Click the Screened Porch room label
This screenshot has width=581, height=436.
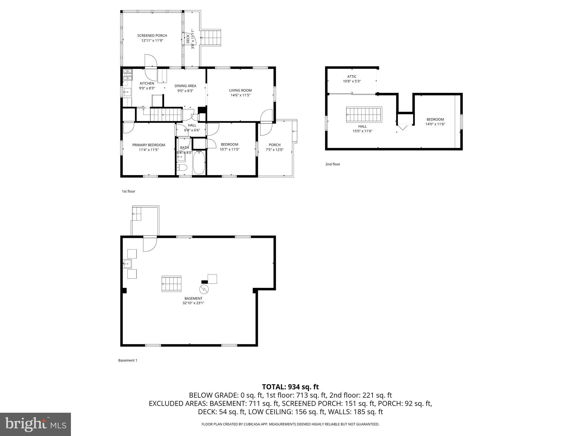(x=152, y=35)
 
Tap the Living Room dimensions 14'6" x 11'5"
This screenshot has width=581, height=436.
(x=240, y=95)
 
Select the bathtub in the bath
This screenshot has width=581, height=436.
(x=199, y=163)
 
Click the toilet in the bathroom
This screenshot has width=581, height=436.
(x=182, y=167)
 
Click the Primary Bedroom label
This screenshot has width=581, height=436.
(x=149, y=145)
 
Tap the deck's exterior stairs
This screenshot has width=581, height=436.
(x=210, y=38)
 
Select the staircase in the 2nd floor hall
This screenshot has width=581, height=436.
(x=364, y=115)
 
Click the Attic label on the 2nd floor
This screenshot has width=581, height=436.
(x=352, y=77)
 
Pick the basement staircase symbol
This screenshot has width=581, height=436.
(x=171, y=284)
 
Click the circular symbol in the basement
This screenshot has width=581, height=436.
(x=204, y=289)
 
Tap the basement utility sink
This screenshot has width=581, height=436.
(x=127, y=264)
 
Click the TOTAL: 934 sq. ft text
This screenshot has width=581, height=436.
(x=290, y=387)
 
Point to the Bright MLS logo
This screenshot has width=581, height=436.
(x=35, y=424)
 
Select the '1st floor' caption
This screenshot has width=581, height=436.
(x=129, y=191)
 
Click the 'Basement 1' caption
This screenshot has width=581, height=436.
(x=128, y=360)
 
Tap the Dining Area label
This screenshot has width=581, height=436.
(x=185, y=86)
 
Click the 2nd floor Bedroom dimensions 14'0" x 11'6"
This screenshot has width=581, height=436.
(x=435, y=124)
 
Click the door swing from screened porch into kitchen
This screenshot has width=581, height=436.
(x=151, y=67)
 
